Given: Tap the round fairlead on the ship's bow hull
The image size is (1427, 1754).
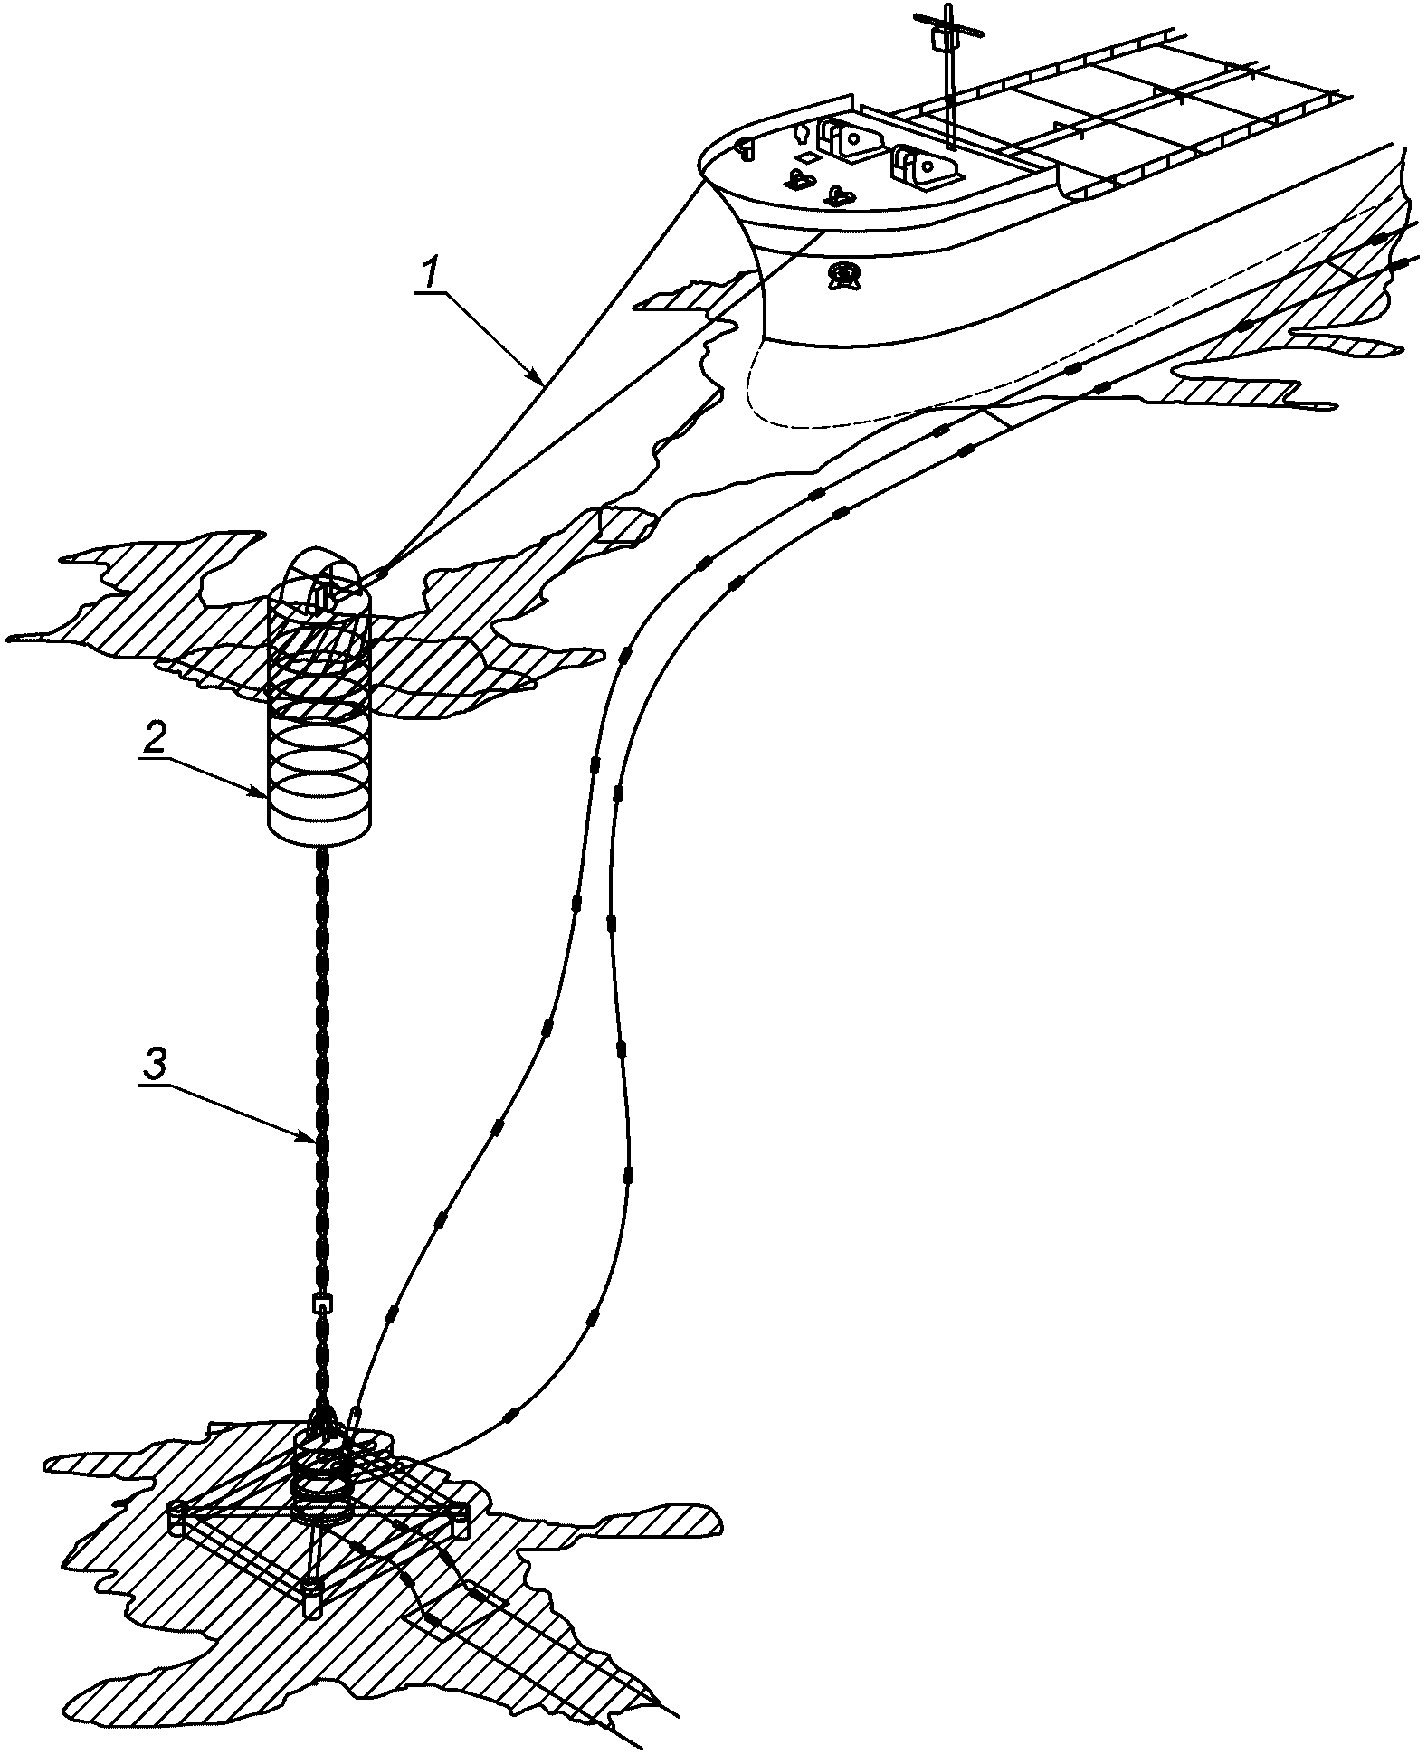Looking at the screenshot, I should pos(843,274).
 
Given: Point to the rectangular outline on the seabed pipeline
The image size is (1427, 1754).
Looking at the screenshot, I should pos(480,1594).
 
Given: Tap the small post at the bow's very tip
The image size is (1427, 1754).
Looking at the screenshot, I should pos(746,149).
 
